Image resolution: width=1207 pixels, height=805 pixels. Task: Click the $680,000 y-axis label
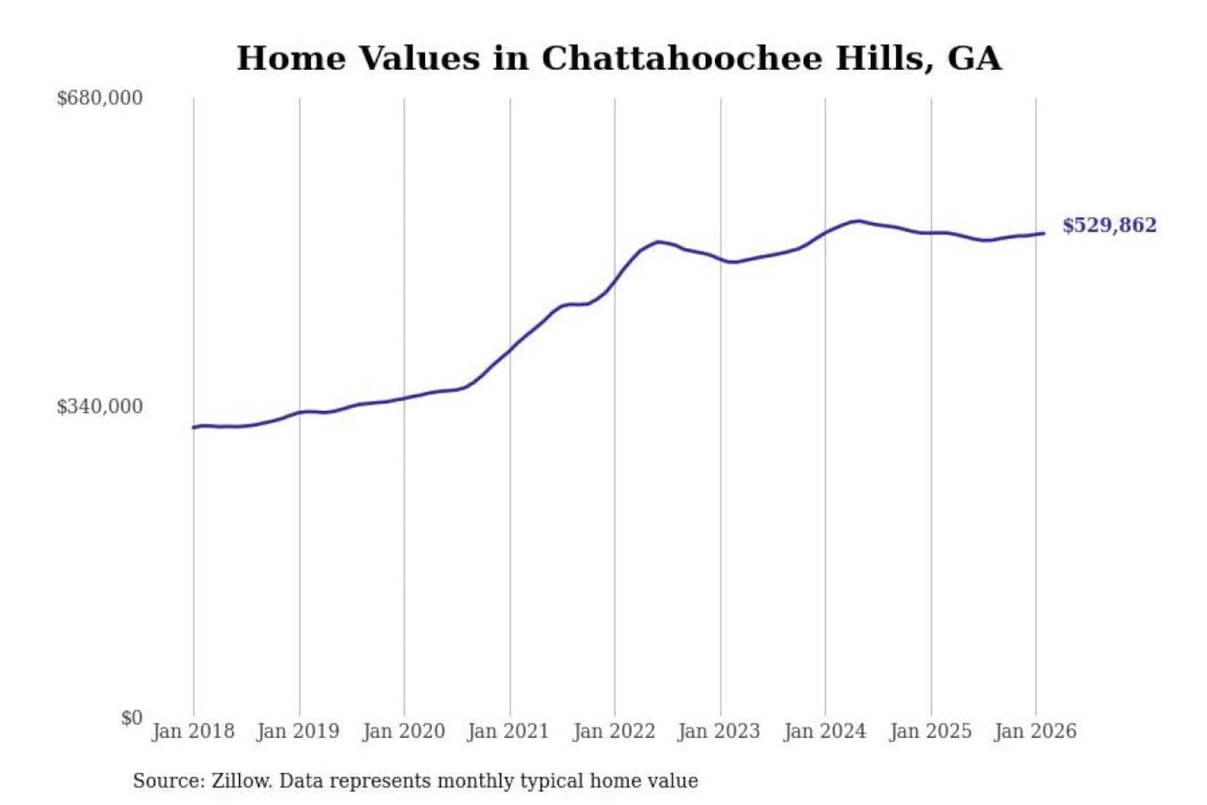coord(99,98)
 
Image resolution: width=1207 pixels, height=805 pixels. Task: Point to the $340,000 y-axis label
coord(99,407)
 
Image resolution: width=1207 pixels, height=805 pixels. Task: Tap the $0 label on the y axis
coord(131,718)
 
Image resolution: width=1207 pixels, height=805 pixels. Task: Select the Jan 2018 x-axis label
coord(193,731)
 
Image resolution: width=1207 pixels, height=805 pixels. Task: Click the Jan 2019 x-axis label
coord(298,731)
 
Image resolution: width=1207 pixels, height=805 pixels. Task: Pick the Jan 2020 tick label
coord(403,731)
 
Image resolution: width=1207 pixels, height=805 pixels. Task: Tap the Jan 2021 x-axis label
coord(508,731)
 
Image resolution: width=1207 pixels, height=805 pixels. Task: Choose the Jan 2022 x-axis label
coord(614,731)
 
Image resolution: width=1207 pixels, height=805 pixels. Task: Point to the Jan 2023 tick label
coord(718,731)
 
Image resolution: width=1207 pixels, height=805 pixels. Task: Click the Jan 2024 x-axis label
coord(824,731)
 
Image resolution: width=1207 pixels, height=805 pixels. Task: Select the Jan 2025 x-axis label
coord(930,731)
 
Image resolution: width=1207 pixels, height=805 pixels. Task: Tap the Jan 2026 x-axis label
coord(1034,731)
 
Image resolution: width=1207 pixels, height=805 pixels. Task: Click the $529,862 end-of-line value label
coord(1109,226)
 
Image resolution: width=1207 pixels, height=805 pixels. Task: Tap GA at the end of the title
coord(974,59)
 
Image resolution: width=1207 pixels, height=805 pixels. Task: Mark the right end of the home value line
coord(1044,233)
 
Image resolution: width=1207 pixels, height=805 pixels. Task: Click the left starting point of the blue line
coord(194,428)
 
